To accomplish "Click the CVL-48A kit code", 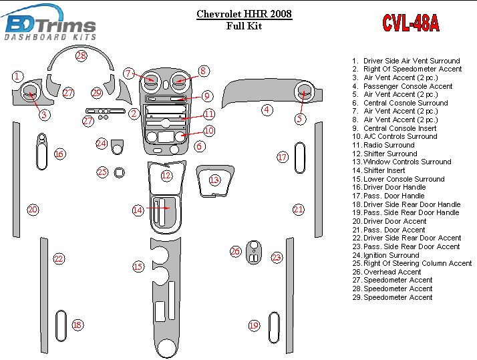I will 410,23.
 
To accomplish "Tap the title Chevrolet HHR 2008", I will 244,14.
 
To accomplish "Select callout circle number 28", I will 81,56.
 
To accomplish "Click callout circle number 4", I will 267,110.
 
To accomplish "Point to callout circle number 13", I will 214,180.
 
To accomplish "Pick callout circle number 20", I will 33,210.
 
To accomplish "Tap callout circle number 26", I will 235,252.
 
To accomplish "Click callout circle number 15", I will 138,267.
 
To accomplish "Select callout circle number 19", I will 254,325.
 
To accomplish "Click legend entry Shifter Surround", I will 389,154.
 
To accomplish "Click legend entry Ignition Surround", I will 391,255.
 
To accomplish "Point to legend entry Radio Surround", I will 389,145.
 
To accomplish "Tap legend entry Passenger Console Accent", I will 408,86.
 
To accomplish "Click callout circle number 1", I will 18,77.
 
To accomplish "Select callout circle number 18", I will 77,325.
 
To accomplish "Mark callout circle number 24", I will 101,144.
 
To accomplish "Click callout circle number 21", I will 299,210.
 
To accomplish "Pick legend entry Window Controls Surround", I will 407,162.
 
